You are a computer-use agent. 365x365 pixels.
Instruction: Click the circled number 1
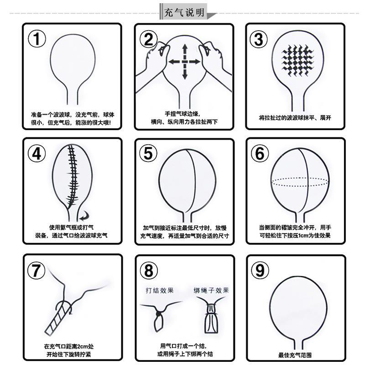(37, 39)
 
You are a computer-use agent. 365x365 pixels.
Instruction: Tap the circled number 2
(149, 40)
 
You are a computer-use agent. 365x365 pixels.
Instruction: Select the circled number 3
(259, 40)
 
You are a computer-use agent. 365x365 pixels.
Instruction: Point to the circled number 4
(37, 154)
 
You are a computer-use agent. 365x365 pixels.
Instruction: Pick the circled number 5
(148, 154)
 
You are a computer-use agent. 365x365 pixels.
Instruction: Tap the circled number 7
(37, 271)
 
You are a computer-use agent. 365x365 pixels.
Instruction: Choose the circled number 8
(149, 271)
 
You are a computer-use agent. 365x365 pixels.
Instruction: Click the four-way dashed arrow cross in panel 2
(185, 61)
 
